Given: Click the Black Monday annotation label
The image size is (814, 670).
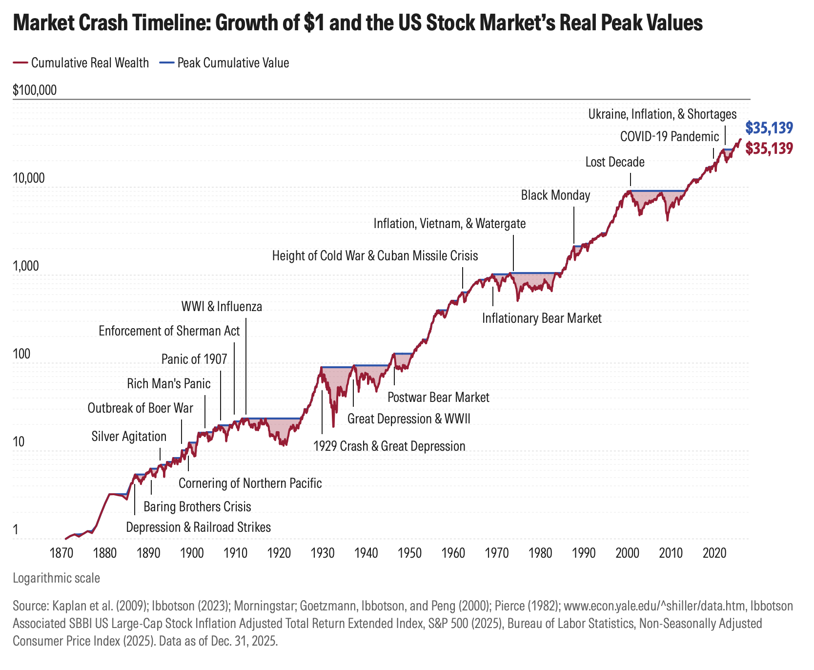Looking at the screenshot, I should [555, 195].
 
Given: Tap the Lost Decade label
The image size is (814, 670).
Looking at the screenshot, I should [614, 162].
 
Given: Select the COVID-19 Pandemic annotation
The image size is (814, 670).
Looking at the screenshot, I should [669, 136].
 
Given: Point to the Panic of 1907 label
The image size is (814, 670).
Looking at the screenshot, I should [194, 359].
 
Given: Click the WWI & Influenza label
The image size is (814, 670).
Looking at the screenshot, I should [222, 307].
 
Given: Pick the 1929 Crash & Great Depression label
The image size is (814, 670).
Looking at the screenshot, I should [389, 446].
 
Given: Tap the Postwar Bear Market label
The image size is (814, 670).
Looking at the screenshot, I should [438, 397].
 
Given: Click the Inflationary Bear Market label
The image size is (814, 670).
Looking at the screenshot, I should [542, 318].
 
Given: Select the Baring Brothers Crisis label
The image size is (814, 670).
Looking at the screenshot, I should [197, 506].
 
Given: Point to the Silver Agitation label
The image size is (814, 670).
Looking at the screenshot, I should [129, 436].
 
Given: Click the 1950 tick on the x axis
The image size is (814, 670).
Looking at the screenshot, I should [409, 553].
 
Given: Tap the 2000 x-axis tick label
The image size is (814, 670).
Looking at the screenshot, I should [627, 553].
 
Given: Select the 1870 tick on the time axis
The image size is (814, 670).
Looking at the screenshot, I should [61, 553].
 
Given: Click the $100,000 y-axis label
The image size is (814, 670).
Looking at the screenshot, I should [35, 90].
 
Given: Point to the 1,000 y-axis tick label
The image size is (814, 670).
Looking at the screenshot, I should [28, 266].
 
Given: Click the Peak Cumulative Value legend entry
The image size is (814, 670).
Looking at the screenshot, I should [233, 63].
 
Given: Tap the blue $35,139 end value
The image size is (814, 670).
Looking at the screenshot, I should [769, 128].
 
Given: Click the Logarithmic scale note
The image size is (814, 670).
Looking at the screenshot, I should [56, 578].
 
